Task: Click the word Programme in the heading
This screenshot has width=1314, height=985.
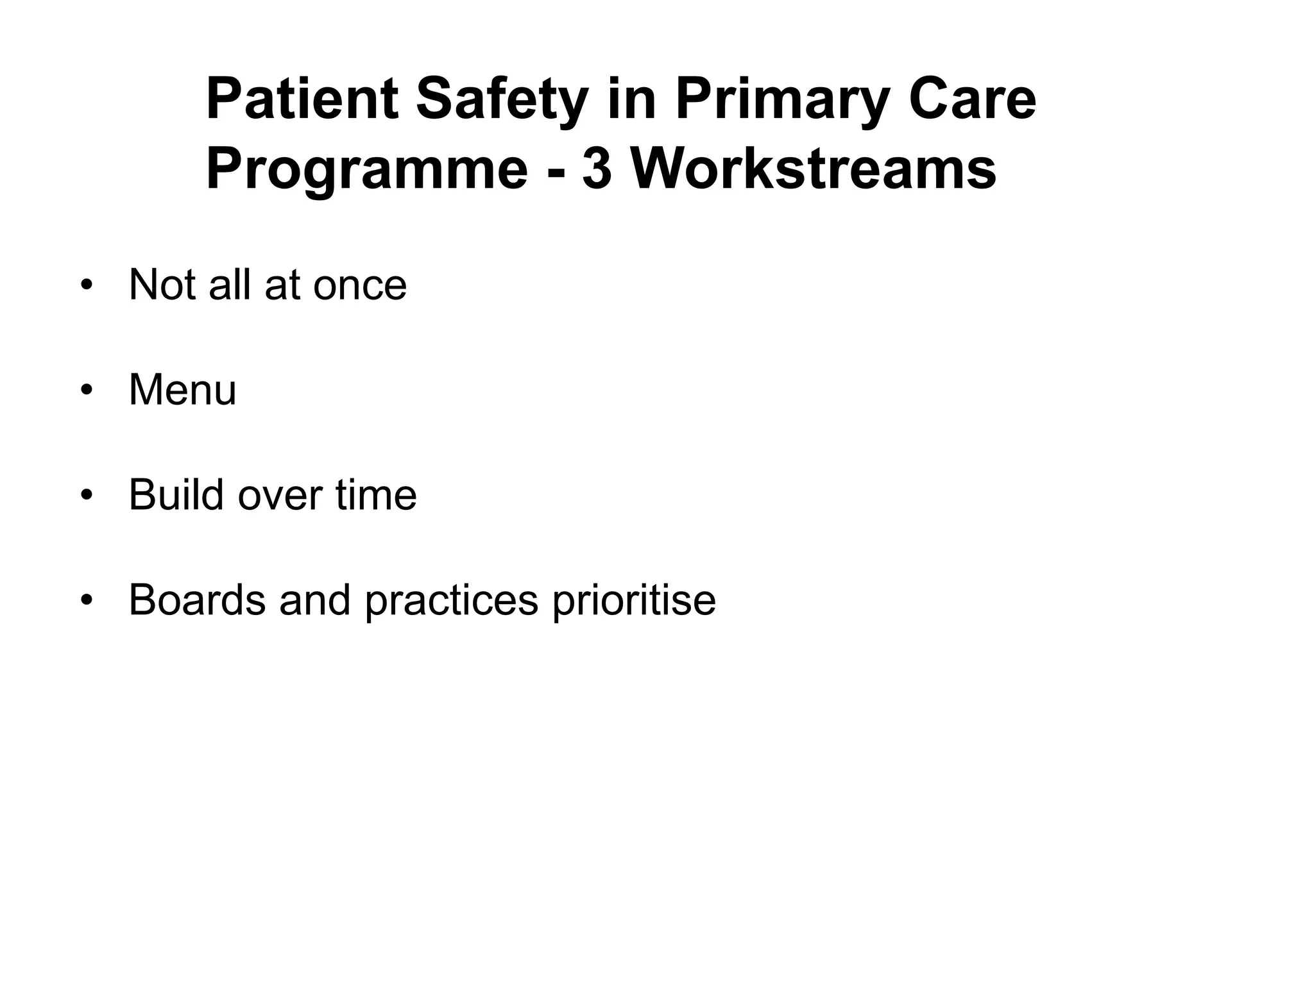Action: pos(366,170)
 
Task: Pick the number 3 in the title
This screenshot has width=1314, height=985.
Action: pos(597,170)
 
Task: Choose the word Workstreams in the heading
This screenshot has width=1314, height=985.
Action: pos(814,170)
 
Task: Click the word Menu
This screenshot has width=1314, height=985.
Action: pos(182,389)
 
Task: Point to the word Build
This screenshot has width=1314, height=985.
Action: pos(176,494)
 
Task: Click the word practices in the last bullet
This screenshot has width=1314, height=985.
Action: pos(452,601)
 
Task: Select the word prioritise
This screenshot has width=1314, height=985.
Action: pos(633,601)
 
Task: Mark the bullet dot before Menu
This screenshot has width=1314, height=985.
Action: pos(87,391)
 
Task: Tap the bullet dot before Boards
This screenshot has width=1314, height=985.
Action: pos(87,601)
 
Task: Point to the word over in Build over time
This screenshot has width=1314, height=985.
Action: pos(280,496)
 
